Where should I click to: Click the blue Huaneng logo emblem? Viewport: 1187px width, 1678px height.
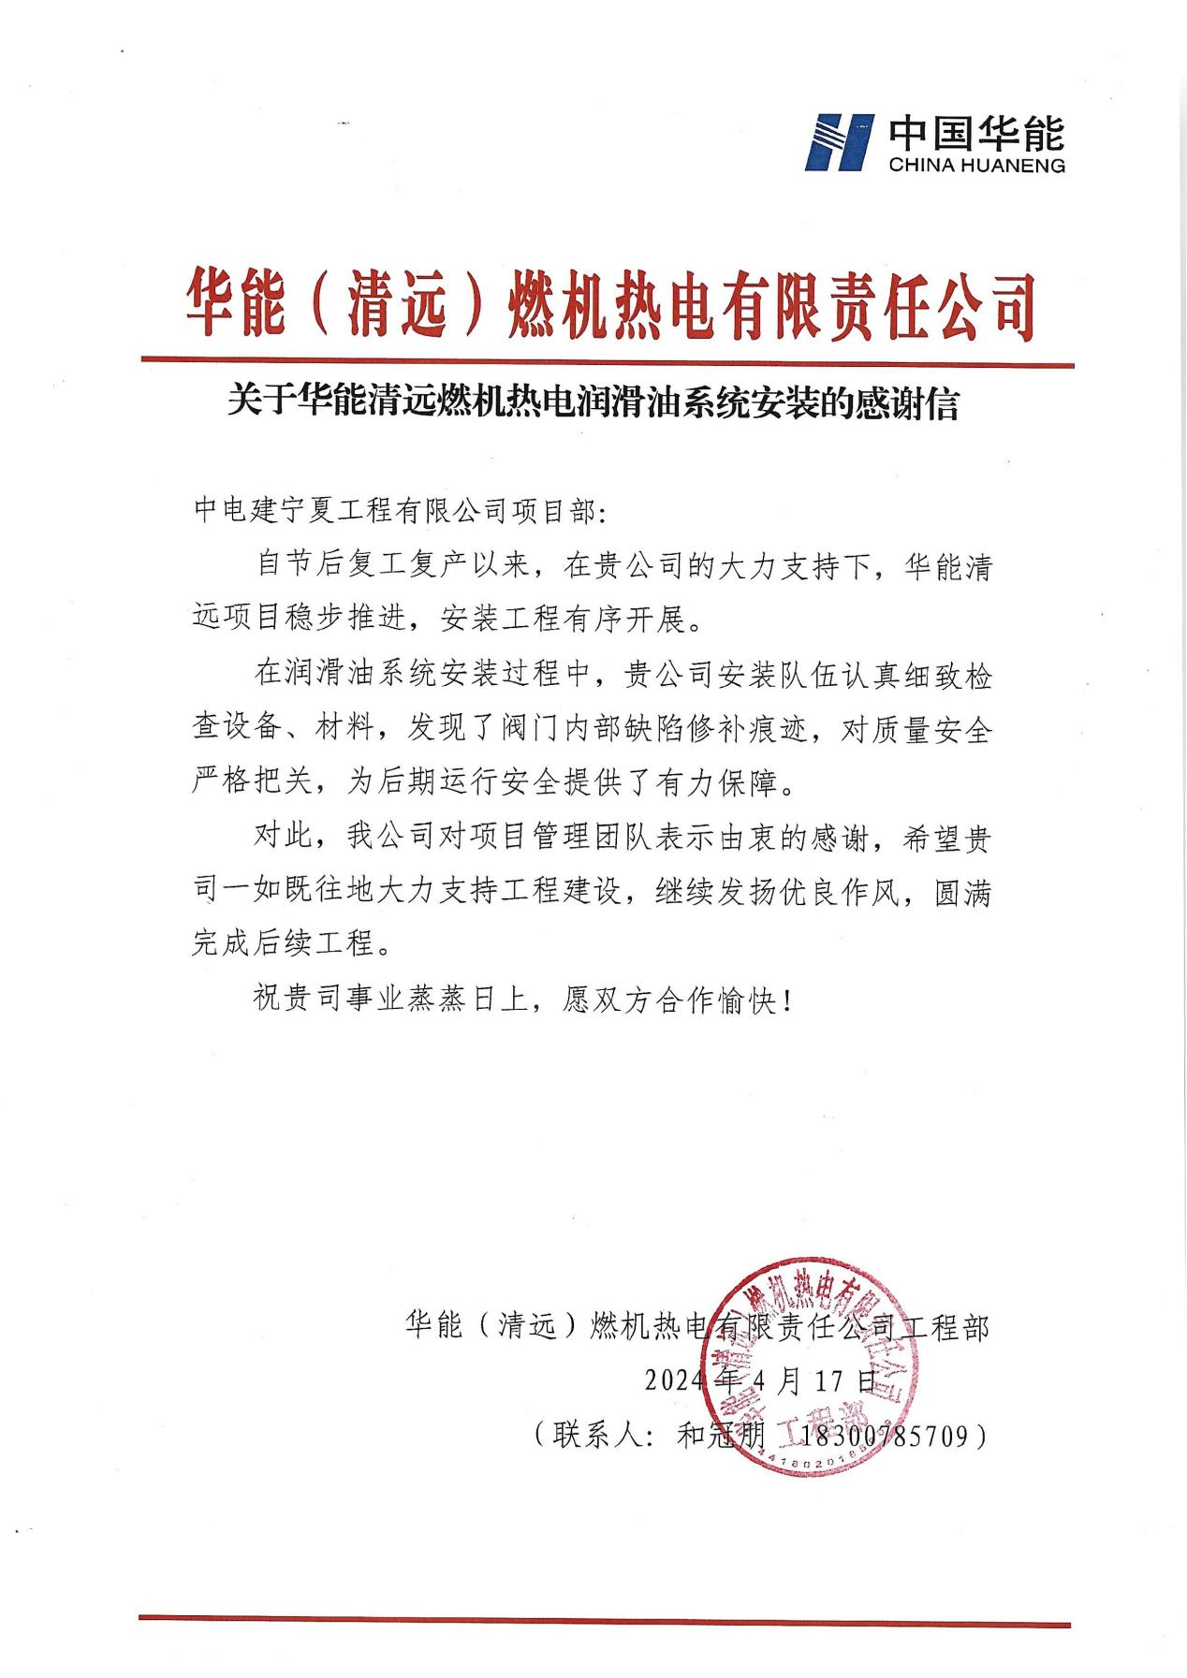839,142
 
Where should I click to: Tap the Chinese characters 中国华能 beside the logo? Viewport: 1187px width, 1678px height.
975,133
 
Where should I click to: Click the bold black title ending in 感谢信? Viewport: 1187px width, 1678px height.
593,405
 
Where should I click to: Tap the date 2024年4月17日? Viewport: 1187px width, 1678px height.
761,1380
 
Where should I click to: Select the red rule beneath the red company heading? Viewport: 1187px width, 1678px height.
607,362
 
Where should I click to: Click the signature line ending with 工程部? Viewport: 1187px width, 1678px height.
696,1326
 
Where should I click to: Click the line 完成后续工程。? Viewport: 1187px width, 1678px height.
291,944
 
